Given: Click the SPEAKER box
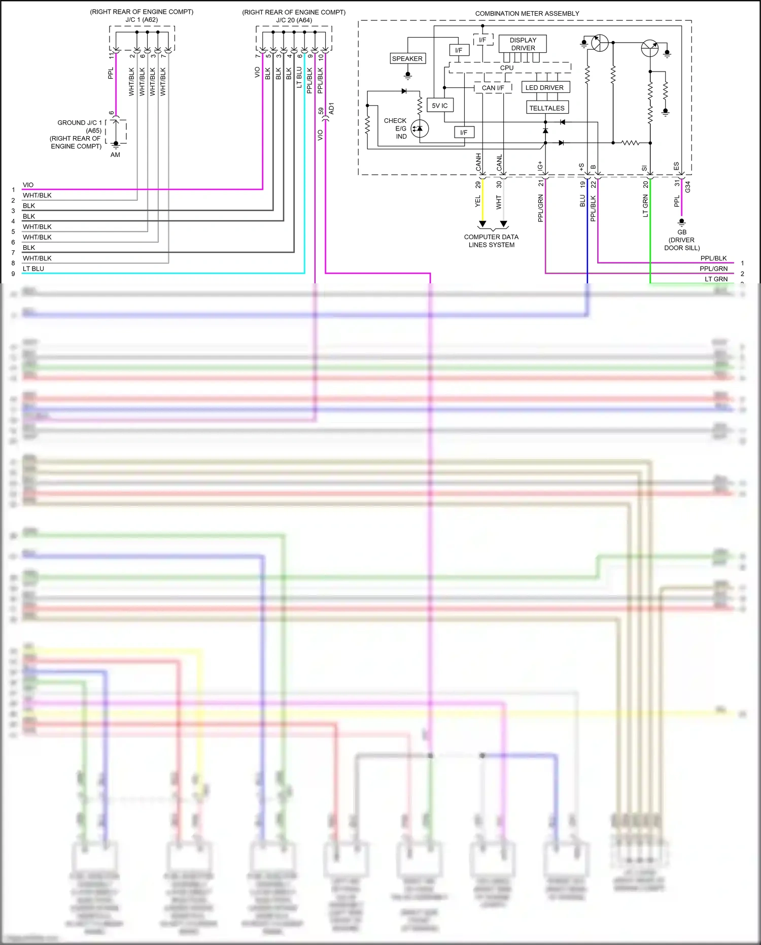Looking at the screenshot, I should (x=407, y=58).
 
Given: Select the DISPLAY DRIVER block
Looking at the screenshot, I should (x=523, y=44).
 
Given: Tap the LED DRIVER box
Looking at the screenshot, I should (x=544, y=87).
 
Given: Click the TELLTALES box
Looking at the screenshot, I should (x=546, y=108).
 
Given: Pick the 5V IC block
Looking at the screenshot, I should (x=440, y=105).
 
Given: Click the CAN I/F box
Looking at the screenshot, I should (x=493, y=87).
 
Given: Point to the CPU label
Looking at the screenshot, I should (x=506, y=68).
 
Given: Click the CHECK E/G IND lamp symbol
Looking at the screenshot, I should (x=420, y=128).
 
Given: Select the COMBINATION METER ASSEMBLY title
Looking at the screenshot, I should (x=527, y=13).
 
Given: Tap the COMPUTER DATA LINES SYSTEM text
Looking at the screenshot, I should (x=491, y=241).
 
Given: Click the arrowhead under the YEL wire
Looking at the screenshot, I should (x=482, y=223).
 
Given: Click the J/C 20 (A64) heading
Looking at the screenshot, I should (x=294, y=20).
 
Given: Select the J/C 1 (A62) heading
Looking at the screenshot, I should (x=142, y=20).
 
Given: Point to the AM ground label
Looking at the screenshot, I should (x=115, y=155).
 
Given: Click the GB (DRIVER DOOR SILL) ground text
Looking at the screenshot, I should (x=682, y=240).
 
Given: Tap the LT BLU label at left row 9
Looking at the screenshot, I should (x=33, y=269).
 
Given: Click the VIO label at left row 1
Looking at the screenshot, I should (x=28, y=185).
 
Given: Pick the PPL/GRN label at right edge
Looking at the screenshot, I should (x=713, y=269).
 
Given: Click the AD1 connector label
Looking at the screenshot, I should (x=331, y=108).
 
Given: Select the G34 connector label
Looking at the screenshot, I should (x=687, y=186).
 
